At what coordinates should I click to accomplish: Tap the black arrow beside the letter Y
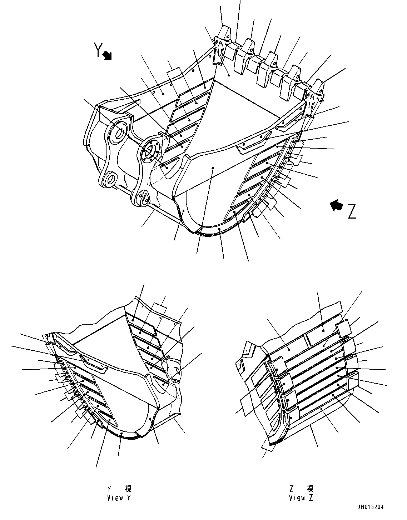point(107,55)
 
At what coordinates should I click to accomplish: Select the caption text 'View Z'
point(301,498)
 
